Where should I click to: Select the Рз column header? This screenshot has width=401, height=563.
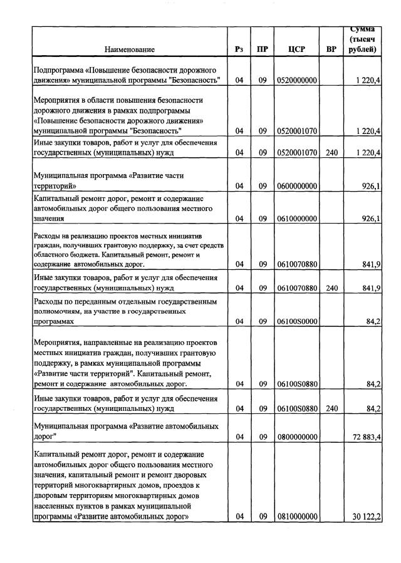pyautogui.click(x=239, y=49)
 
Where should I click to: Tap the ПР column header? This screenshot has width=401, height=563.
pyautogui.click(x=263, y=49)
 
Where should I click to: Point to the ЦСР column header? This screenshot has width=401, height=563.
pyautogui.click(x=296, y=49)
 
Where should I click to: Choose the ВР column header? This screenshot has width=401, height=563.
pyautogui.click(x=331, y=49)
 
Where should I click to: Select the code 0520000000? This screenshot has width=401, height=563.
pyautogui.click(x=297, y=81)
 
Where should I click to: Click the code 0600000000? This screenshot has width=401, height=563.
pyautogui.click(x=297, y=186)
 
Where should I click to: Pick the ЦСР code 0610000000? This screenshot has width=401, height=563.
pyautogui.click(x=297, y=219)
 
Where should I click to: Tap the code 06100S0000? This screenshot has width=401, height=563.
pyautogui.click(x=297, y=321)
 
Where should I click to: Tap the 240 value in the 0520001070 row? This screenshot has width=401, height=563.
pyautogui.click(x=331, y=152)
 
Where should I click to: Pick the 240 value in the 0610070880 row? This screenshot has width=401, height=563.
pyautogui.click(x=331, y=288)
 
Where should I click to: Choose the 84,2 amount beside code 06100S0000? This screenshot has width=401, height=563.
pyautogui.click(x=374, y=321)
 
